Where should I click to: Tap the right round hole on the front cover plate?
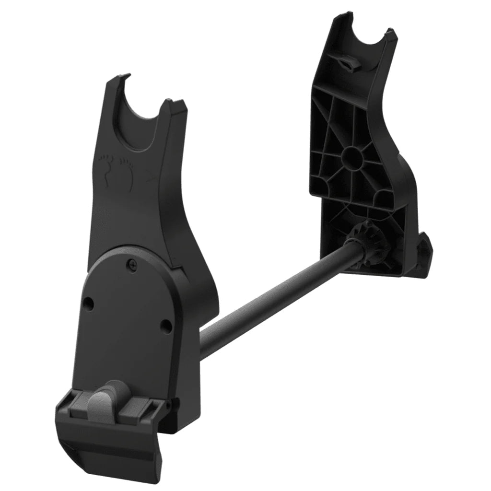166,326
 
